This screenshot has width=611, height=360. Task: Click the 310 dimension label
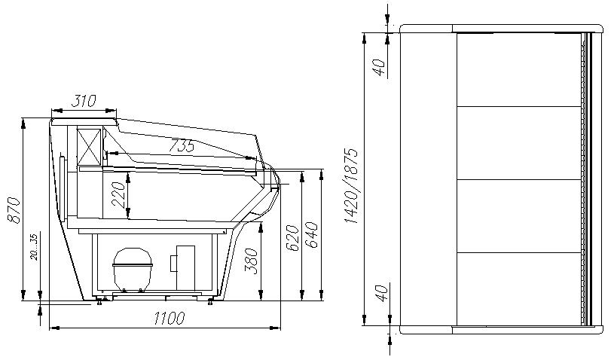coord(84,101)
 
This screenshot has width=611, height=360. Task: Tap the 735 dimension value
coord(182,145)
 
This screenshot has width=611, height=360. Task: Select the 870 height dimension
coord(14,210)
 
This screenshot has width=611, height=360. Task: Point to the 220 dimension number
coord(118,194)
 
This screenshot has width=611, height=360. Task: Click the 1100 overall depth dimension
coord(169,319)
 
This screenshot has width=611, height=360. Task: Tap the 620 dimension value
coord(292,238)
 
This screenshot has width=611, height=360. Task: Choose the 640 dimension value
coord(311,234)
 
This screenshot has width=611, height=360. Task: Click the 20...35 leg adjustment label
coord(34,246)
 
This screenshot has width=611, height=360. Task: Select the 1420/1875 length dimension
coord(351,186)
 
